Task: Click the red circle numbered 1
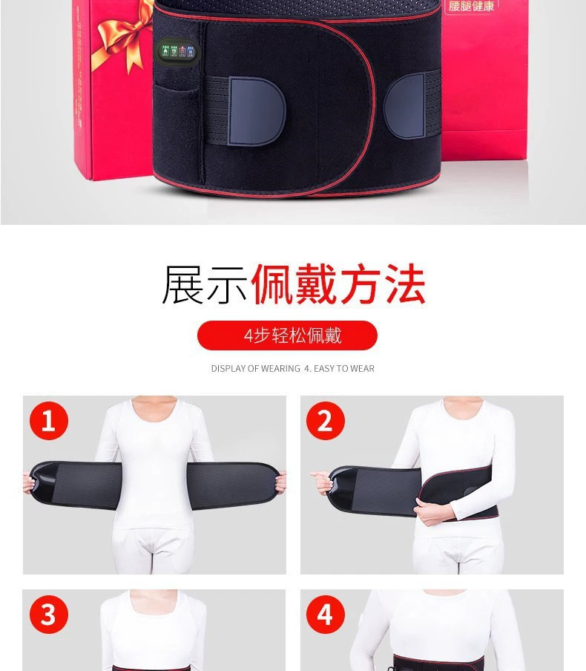click(49, 421)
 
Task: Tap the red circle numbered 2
click(325, 421)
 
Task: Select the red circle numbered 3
click(49, 615)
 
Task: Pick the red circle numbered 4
click(325, 615)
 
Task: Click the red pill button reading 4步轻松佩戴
click(287, 335)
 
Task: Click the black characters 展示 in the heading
click(205, 285)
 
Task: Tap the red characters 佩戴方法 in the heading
click(338, 285)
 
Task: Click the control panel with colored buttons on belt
click(177, 51)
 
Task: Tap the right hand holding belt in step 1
click(280, 482)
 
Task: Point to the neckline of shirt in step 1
click(154, 408)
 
